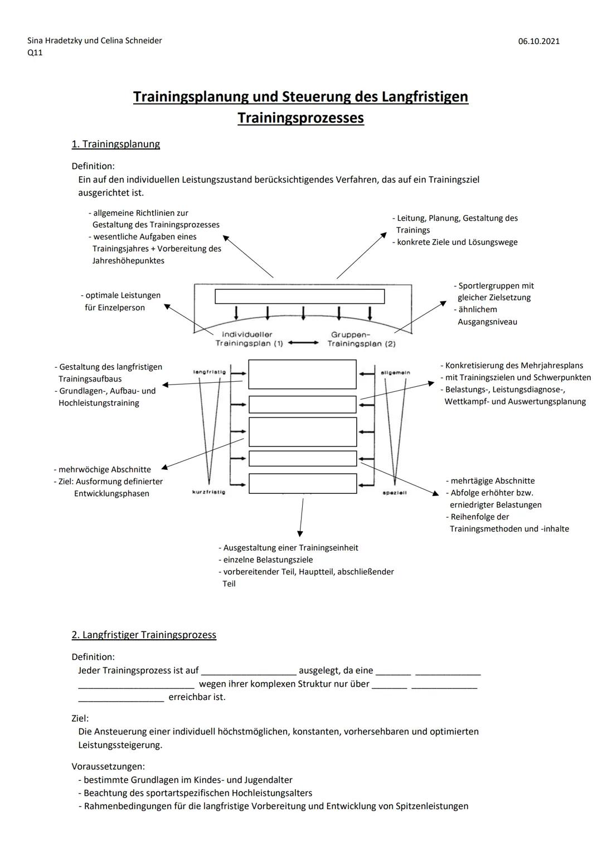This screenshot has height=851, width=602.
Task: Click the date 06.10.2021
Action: (x=538, y=41)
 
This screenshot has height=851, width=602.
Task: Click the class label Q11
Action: (x=35, y=53)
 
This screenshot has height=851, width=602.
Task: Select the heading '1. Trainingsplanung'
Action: (x=115, y=144)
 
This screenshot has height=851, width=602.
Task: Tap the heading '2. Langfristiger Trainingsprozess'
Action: (x=144, y=635)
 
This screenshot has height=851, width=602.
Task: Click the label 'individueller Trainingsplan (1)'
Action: (x=247, y=339)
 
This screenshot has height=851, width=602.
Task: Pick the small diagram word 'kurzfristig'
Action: (x=208, y=492)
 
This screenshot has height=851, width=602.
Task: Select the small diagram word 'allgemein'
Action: (x=395, y=372)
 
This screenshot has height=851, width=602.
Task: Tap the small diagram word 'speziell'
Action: (x=395, y=493)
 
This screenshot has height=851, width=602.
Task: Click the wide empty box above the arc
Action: (x=300, y=296)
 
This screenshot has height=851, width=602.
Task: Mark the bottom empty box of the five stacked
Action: (x=303, y=483)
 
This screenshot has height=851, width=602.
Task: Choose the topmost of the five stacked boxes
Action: (x=302, y=374)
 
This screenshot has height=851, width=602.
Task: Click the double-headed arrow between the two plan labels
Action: (x=304, y=343)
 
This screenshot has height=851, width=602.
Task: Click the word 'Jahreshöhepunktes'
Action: (x=128, y=261)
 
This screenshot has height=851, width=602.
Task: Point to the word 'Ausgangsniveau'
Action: (x=487, y=322)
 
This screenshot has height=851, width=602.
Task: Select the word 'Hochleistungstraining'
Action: (x=99, y=403)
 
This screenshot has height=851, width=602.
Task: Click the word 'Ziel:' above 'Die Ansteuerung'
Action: (x=80, y=718)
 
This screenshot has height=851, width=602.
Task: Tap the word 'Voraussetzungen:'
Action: (x=108, y=766)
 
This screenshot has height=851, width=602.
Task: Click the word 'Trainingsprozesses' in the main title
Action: (x=300, y=118)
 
